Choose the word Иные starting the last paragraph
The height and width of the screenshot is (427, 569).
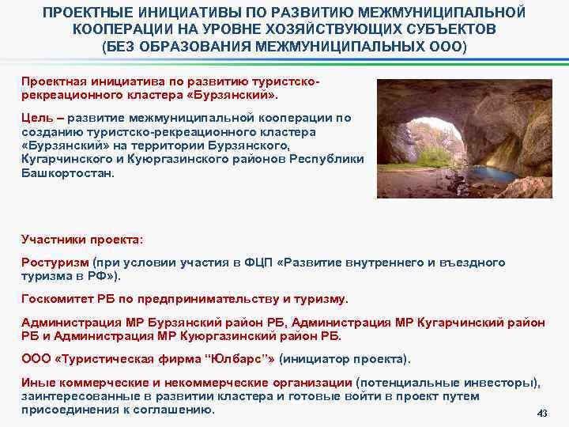click(36, 383)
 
